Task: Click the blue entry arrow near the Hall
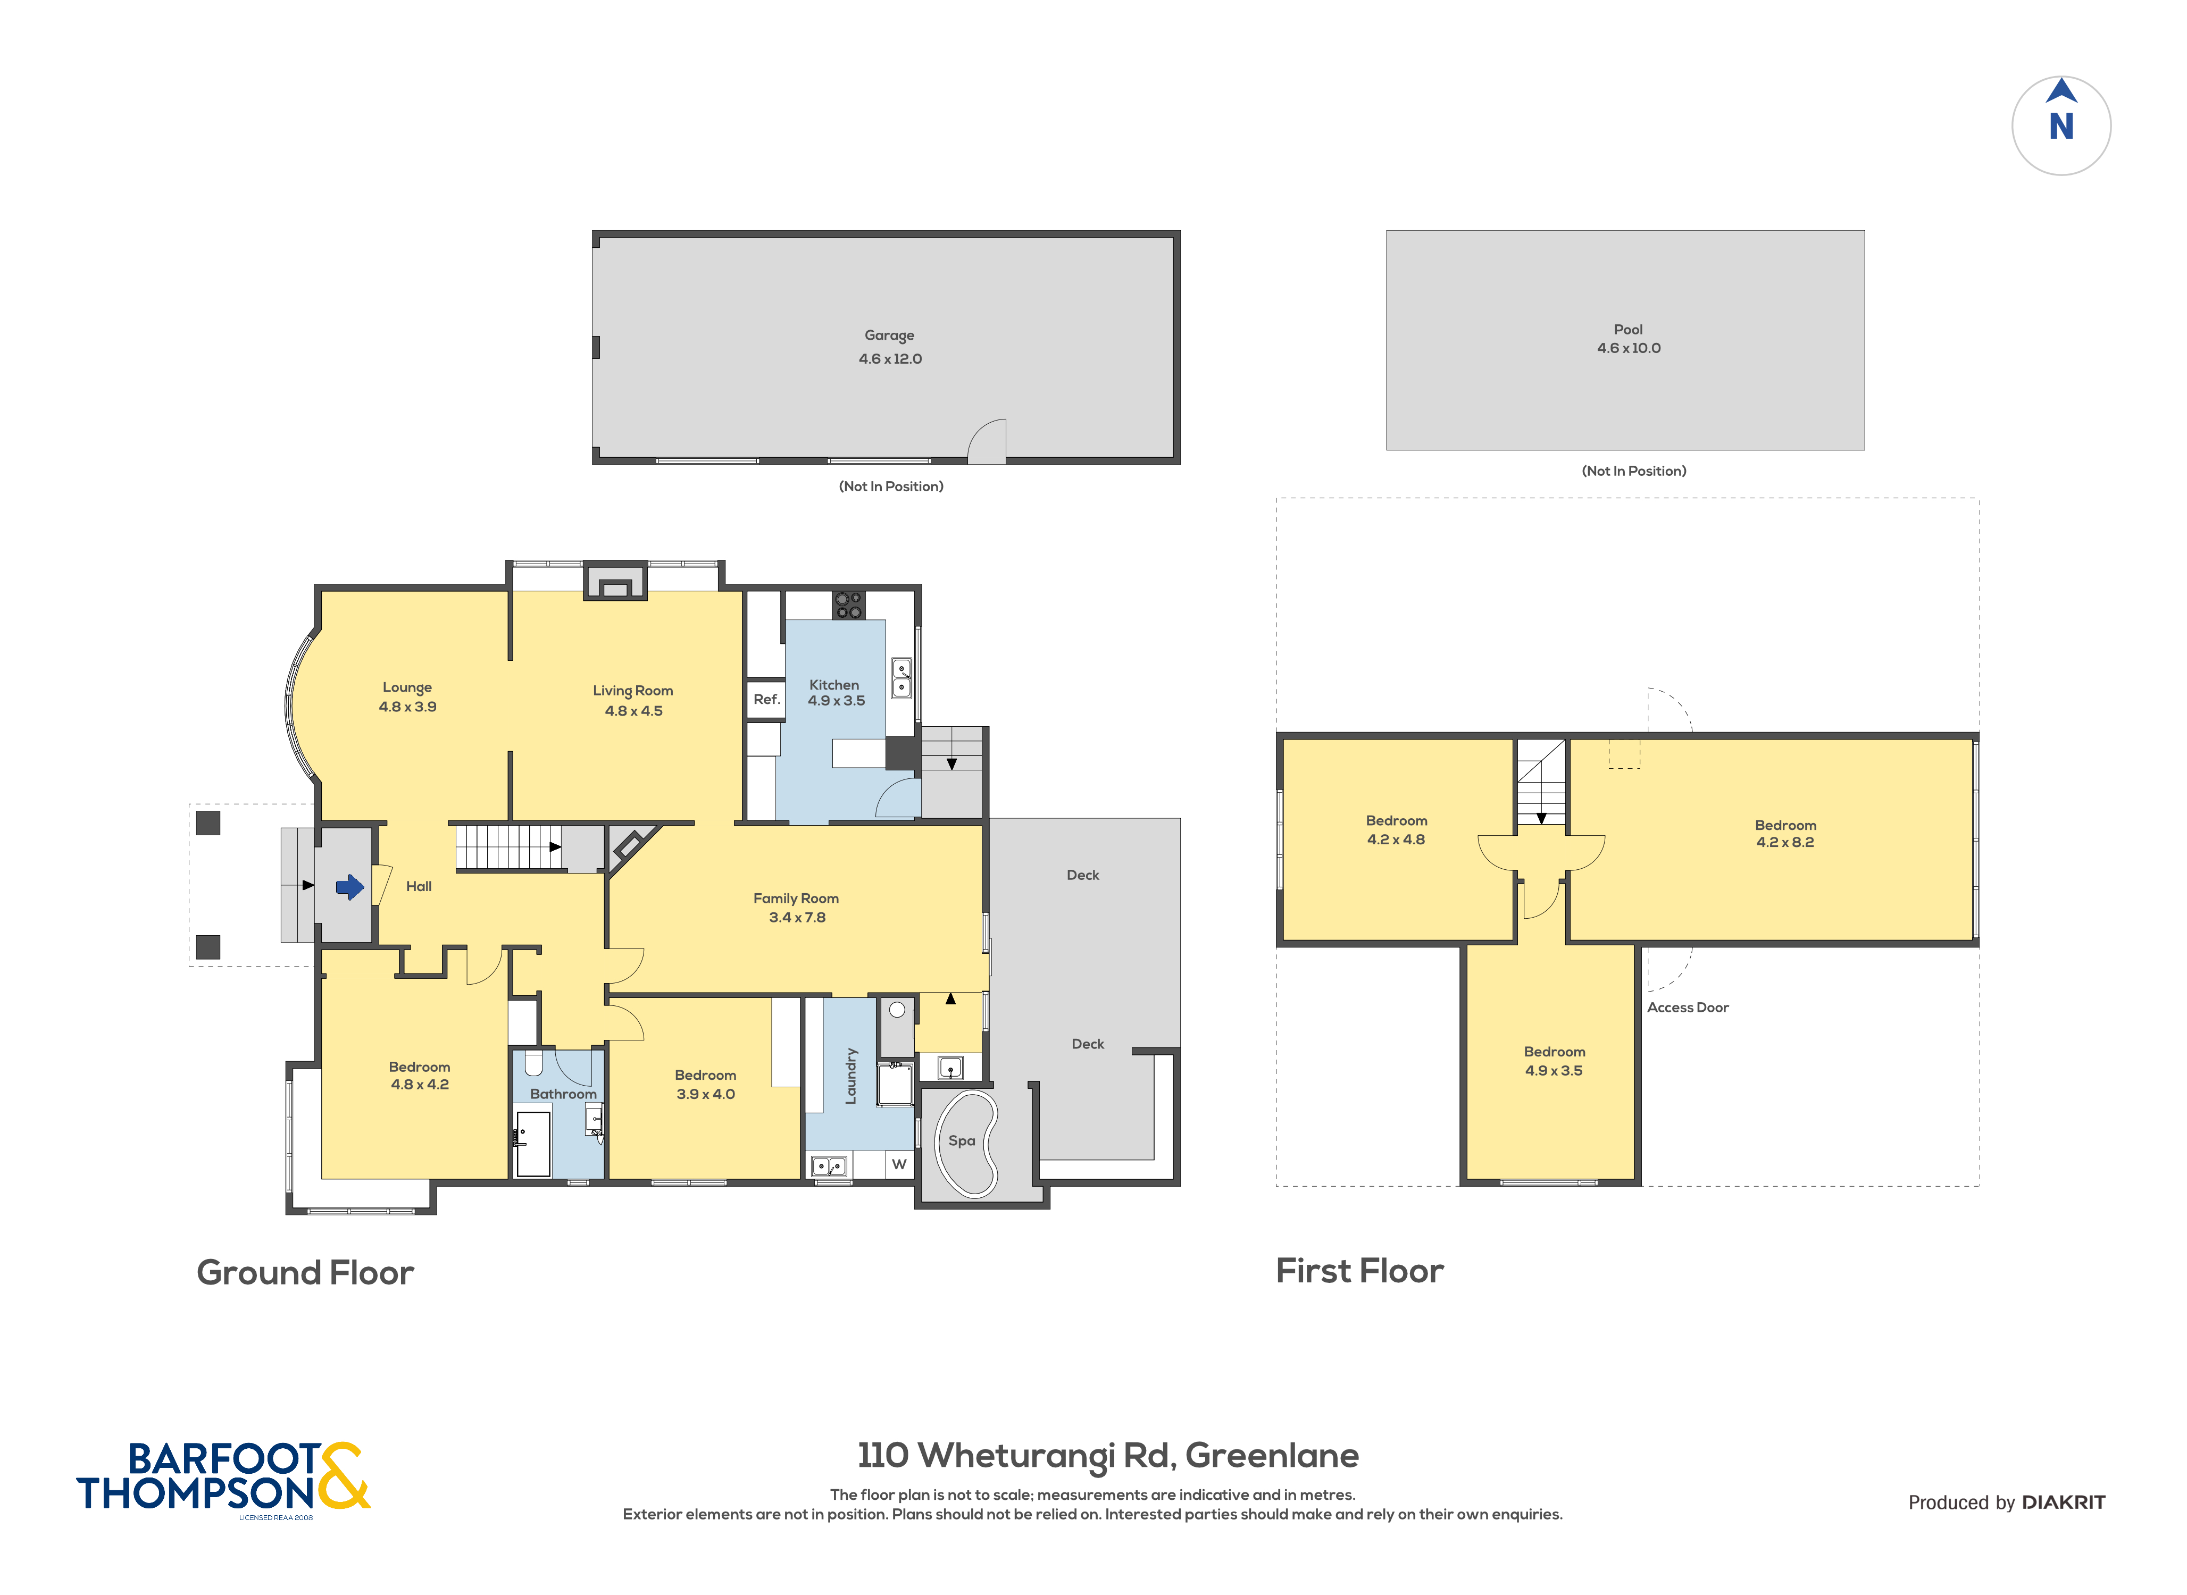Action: click(349, 886)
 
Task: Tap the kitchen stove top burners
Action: click(849, 606)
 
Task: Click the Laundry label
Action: click(850, 1076)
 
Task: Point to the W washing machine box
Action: click(899, 1164)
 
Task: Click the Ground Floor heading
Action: click(305, 1272)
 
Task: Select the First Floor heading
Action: click(1359, 1271)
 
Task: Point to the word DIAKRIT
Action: click(2064, 1502)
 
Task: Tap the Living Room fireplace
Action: click(615, 582)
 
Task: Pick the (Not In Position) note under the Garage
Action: click(890, 486)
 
